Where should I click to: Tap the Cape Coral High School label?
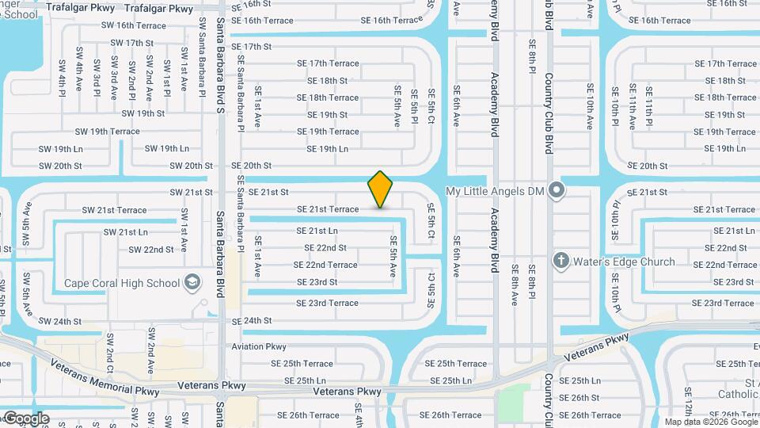(x=121, y=282)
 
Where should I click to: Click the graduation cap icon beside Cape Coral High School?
(x=192, y=282)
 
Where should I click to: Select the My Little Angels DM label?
(x=496, y=191)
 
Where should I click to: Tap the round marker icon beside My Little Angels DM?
(x=557, y=189)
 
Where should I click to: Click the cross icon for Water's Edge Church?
(x=561, y=261)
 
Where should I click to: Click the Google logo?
(x=25, y=418)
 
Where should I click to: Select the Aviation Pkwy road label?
(x=259, y=346)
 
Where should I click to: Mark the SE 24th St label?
(x=251, y=321)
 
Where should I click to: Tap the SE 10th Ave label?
(x=590, y=105)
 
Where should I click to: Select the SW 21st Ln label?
(x=126, y=232)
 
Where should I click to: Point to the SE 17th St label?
(x=252, y=47)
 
